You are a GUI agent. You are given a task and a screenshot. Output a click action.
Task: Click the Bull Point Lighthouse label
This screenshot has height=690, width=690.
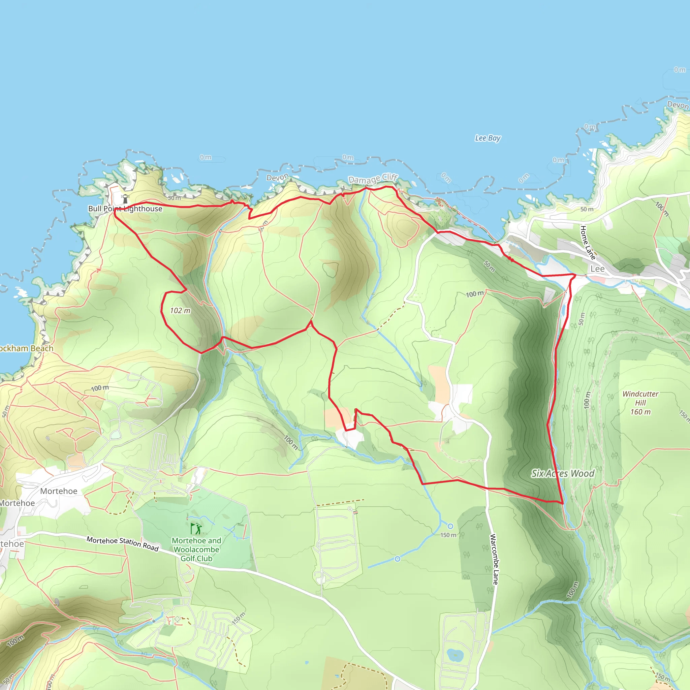[125, 209]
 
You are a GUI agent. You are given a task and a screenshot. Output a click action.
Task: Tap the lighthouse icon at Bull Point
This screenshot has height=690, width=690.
[125, 198]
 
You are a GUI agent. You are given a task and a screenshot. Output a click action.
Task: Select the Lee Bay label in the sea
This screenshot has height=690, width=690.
[488, 138]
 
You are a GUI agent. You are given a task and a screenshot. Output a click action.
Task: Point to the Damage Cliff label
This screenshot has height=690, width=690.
[373, 178]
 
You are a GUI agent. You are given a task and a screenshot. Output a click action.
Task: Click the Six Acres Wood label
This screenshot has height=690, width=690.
[563, 474]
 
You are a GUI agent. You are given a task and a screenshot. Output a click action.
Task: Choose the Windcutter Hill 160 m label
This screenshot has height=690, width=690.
[640, 403]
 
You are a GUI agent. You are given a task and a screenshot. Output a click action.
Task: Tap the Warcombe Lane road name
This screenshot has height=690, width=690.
[494, 559]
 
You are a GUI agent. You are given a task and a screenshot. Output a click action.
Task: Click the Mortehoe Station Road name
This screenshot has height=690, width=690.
[123, 543]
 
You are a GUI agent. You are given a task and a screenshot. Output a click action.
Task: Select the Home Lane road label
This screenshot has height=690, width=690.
[588, 243]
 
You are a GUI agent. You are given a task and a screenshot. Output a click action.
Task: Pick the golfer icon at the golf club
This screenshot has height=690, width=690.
[196, 529]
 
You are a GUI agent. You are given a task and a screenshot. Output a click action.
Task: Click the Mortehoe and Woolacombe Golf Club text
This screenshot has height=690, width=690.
[196, 549]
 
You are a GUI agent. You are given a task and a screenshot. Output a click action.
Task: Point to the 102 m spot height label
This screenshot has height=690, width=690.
[180, 310]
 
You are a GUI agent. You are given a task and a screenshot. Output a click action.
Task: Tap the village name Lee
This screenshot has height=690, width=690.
[597, 269]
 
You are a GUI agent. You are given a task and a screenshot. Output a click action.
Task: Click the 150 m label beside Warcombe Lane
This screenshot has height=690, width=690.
[448, 535]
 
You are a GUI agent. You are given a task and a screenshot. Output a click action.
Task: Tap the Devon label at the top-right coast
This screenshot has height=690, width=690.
[678, 105]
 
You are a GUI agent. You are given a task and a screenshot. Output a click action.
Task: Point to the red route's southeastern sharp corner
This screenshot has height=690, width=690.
[563, 504]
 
